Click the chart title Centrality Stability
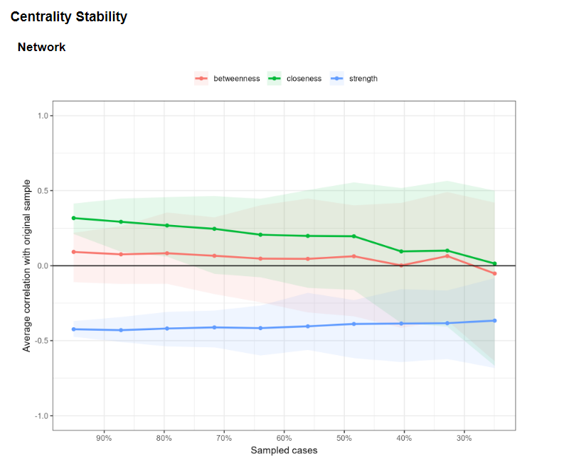pyautogui.click(x=68, y=16)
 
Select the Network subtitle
pyautogui.click(x=41, y=47)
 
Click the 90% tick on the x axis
pyautogui.click(x=104, y=439)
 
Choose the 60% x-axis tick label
pyautogui.click(x=284, y=439)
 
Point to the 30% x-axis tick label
pyautogui.click(x=464, y=439)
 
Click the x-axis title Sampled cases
pyautogui.click(x=284, y=451)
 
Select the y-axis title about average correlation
pyautogui.click(x=26, y=266)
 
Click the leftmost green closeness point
pyautogui.click(x=74, y=218)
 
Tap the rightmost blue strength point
pyautogui.click(x=494, y=321)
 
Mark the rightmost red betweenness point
pyautogui.click(x=494, y=273)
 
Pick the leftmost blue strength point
pyautogui.click(x=74, y=329)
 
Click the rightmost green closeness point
pyautogui.click(x=494, y=263)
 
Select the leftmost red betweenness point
pyautogui.click(x=74, y=252)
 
